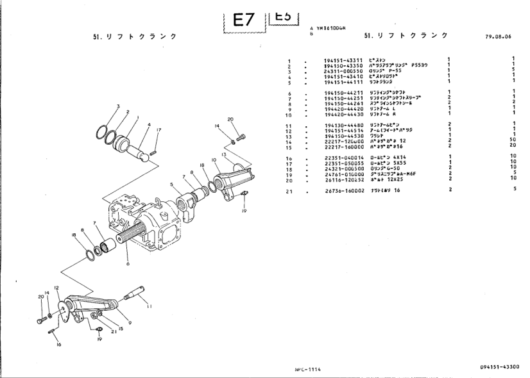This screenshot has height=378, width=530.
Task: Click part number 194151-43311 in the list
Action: click(344, 61)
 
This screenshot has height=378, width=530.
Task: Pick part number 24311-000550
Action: click(344, 71)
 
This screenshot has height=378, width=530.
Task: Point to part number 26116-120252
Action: click(344, 179)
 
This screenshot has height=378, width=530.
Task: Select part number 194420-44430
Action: click(344, 114)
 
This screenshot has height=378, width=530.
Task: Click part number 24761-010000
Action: click(344, 174)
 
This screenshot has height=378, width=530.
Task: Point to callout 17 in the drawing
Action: click(159, 131)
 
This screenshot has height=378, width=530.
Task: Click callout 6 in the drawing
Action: click(129, 264)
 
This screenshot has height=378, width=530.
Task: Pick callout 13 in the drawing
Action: click(223, 154)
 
